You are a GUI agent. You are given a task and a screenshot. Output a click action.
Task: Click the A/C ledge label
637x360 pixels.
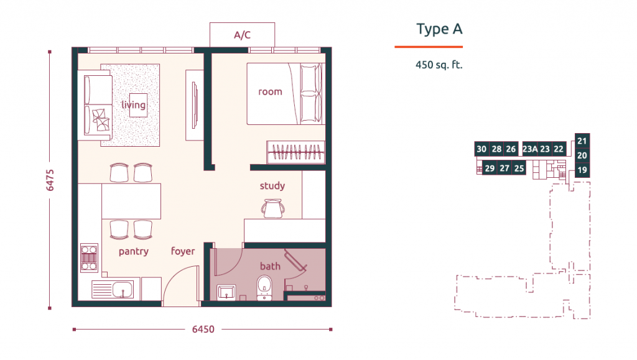[242, 35]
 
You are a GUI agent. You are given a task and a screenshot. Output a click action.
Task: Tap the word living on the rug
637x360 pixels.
[133, 104]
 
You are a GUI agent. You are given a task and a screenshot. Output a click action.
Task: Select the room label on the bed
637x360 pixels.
[270, 92]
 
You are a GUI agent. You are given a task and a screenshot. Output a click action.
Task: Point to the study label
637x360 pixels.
[272, 186]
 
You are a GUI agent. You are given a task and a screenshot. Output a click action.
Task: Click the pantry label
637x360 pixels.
[134, 252]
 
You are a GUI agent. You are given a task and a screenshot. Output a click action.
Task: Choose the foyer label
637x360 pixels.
[183, 251]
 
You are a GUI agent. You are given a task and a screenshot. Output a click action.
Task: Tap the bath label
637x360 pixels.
[270, 266]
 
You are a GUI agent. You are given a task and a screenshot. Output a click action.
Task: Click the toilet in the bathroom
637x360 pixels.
[264, 288]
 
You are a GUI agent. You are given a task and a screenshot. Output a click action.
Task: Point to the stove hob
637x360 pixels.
[89, 258]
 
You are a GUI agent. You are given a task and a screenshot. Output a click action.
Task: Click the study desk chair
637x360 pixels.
[272, 208]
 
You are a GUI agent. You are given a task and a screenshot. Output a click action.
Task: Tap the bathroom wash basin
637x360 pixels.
[226, 292]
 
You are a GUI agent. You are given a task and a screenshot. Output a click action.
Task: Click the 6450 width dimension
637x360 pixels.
[203, 329]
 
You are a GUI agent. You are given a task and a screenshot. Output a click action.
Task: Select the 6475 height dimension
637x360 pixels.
[50, 180]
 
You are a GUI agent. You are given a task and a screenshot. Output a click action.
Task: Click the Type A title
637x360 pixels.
[440, 29]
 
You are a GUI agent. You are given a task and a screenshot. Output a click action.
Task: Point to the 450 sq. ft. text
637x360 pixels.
[439, 65]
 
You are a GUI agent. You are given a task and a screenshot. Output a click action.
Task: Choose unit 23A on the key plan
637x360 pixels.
[530, 149]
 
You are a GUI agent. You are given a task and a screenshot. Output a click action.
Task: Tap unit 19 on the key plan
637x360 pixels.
[582, 170]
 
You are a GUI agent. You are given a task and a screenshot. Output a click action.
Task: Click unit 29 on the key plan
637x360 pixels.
[490, 168]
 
